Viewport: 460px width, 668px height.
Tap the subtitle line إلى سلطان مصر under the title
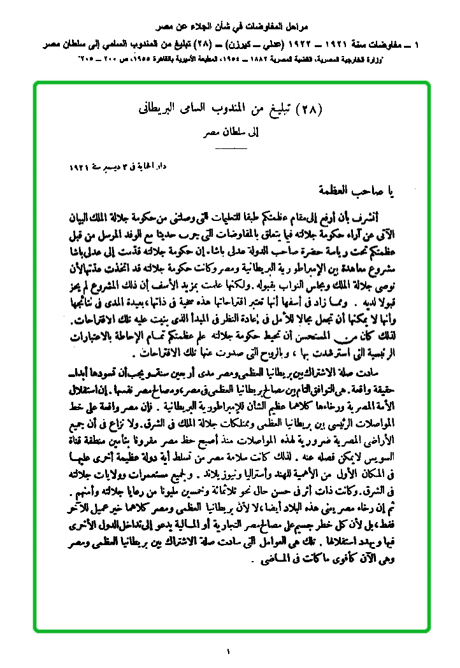click(231, 133)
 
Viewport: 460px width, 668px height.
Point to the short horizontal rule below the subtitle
click(230, 148)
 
